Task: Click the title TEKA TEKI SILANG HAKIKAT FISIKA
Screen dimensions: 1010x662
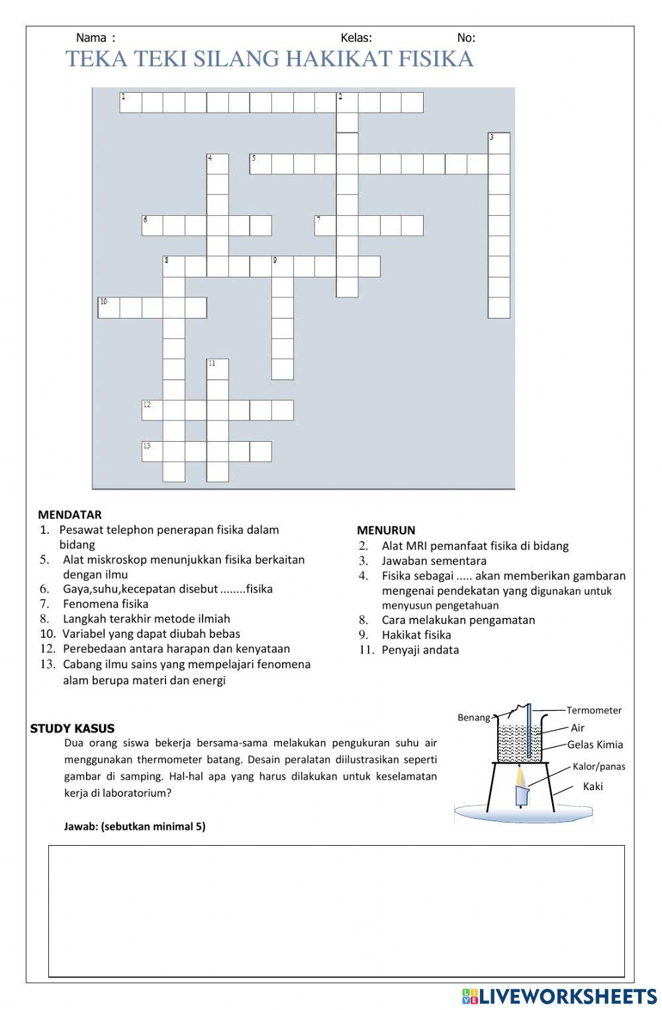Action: [x=269, y=59]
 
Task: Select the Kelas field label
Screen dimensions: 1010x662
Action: [x=356, y=38]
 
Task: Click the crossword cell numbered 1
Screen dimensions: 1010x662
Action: [x=130, y=103]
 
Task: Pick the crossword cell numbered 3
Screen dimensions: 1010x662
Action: [x=499, y=143]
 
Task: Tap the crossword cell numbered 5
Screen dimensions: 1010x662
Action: [x=260, y=164]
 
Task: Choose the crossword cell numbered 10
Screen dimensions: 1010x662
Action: [x=109, y=308]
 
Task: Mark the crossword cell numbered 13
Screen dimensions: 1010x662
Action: [x=152, y=451]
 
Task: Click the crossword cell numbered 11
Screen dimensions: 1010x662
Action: [x=217, y=370]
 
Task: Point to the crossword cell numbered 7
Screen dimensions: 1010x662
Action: [x=325, y=226]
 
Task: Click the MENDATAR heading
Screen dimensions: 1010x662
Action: [x=70, y=515]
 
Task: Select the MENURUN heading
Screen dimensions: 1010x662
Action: [x=386, y=530]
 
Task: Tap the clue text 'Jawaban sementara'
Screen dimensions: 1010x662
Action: [x=434, y=561]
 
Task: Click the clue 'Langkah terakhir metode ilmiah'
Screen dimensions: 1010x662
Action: [x=146, y=619]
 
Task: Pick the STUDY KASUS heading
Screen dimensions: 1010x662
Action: [x=72, y=729]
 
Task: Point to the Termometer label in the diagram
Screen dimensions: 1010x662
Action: [x=594, y=710]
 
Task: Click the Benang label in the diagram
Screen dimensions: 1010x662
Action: [x=474, y=717]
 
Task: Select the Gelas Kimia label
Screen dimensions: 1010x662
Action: [x=595, y=744]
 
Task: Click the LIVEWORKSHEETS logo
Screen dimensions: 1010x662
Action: [x=559, y=996]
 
